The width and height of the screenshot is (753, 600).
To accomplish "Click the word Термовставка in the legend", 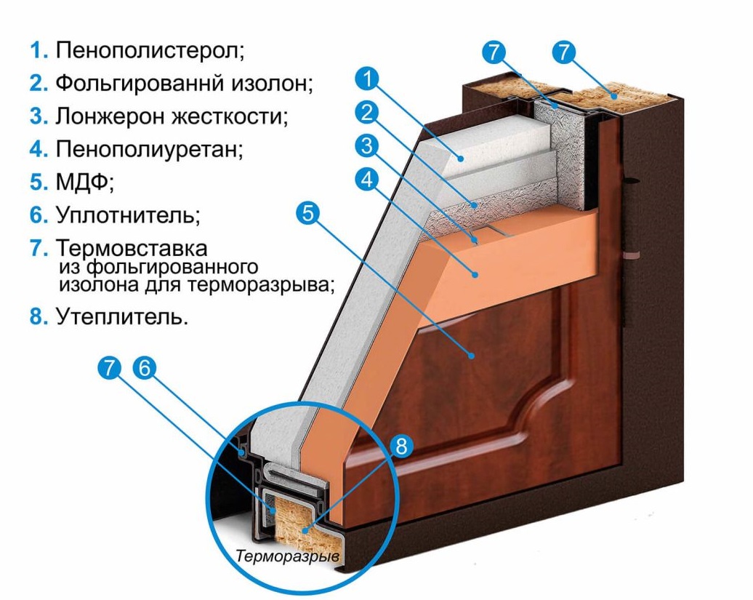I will [x=131, y=248].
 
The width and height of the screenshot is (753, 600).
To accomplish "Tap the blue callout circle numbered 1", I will [x=369, y=77].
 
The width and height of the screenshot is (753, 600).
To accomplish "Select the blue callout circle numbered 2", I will [x=368, y=112].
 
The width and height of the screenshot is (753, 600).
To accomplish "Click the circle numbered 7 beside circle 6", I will [x=109, y=369].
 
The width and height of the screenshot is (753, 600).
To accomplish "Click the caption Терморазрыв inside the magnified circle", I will [x=288, y=556].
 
